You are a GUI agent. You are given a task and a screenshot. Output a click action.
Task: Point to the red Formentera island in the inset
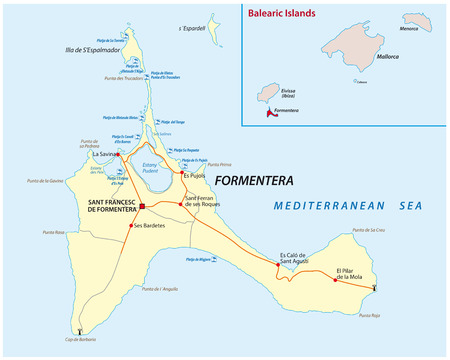269,114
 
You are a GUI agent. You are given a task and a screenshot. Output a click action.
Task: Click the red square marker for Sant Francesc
143,207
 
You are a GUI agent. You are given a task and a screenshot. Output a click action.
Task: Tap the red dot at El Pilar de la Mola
334,279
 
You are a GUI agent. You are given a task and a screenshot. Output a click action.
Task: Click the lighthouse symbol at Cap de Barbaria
78,331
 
